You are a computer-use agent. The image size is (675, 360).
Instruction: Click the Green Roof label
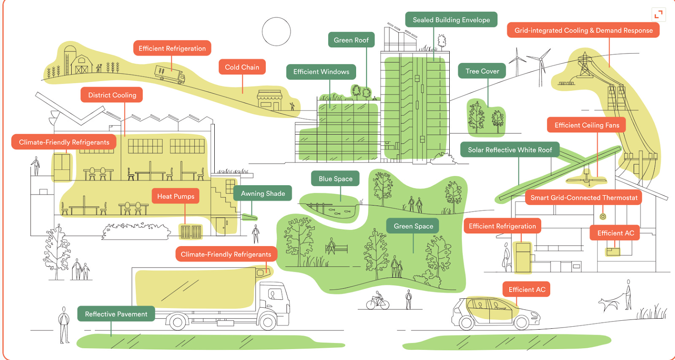[351, 40]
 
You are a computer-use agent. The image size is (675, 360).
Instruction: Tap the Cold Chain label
[242, 67]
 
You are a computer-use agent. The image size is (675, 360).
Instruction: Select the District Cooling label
[112, 95]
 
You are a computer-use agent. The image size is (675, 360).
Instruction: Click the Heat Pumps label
[175, 196]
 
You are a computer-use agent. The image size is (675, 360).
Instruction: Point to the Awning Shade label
[263, 194]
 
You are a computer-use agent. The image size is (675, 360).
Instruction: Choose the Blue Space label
[335, 179]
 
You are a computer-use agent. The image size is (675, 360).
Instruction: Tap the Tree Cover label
[482, 71]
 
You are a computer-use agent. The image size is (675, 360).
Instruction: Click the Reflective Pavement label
[116, 314]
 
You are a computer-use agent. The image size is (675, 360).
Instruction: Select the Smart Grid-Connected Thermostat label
[583, 198]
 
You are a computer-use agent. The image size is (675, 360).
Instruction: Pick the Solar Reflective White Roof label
[510, 150]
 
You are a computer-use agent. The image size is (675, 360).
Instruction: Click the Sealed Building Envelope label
[451, 20]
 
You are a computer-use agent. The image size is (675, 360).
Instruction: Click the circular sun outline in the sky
[276, 32]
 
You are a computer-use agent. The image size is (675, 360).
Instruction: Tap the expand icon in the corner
[658, 15]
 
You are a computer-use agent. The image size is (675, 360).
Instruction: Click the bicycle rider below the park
[378, 300]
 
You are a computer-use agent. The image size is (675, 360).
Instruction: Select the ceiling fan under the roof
[586, 179]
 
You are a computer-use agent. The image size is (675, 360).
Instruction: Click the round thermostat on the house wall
[603, 217]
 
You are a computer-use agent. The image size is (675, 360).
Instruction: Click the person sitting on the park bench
[332, 246]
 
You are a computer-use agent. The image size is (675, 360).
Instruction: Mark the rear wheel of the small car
[467, 323]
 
